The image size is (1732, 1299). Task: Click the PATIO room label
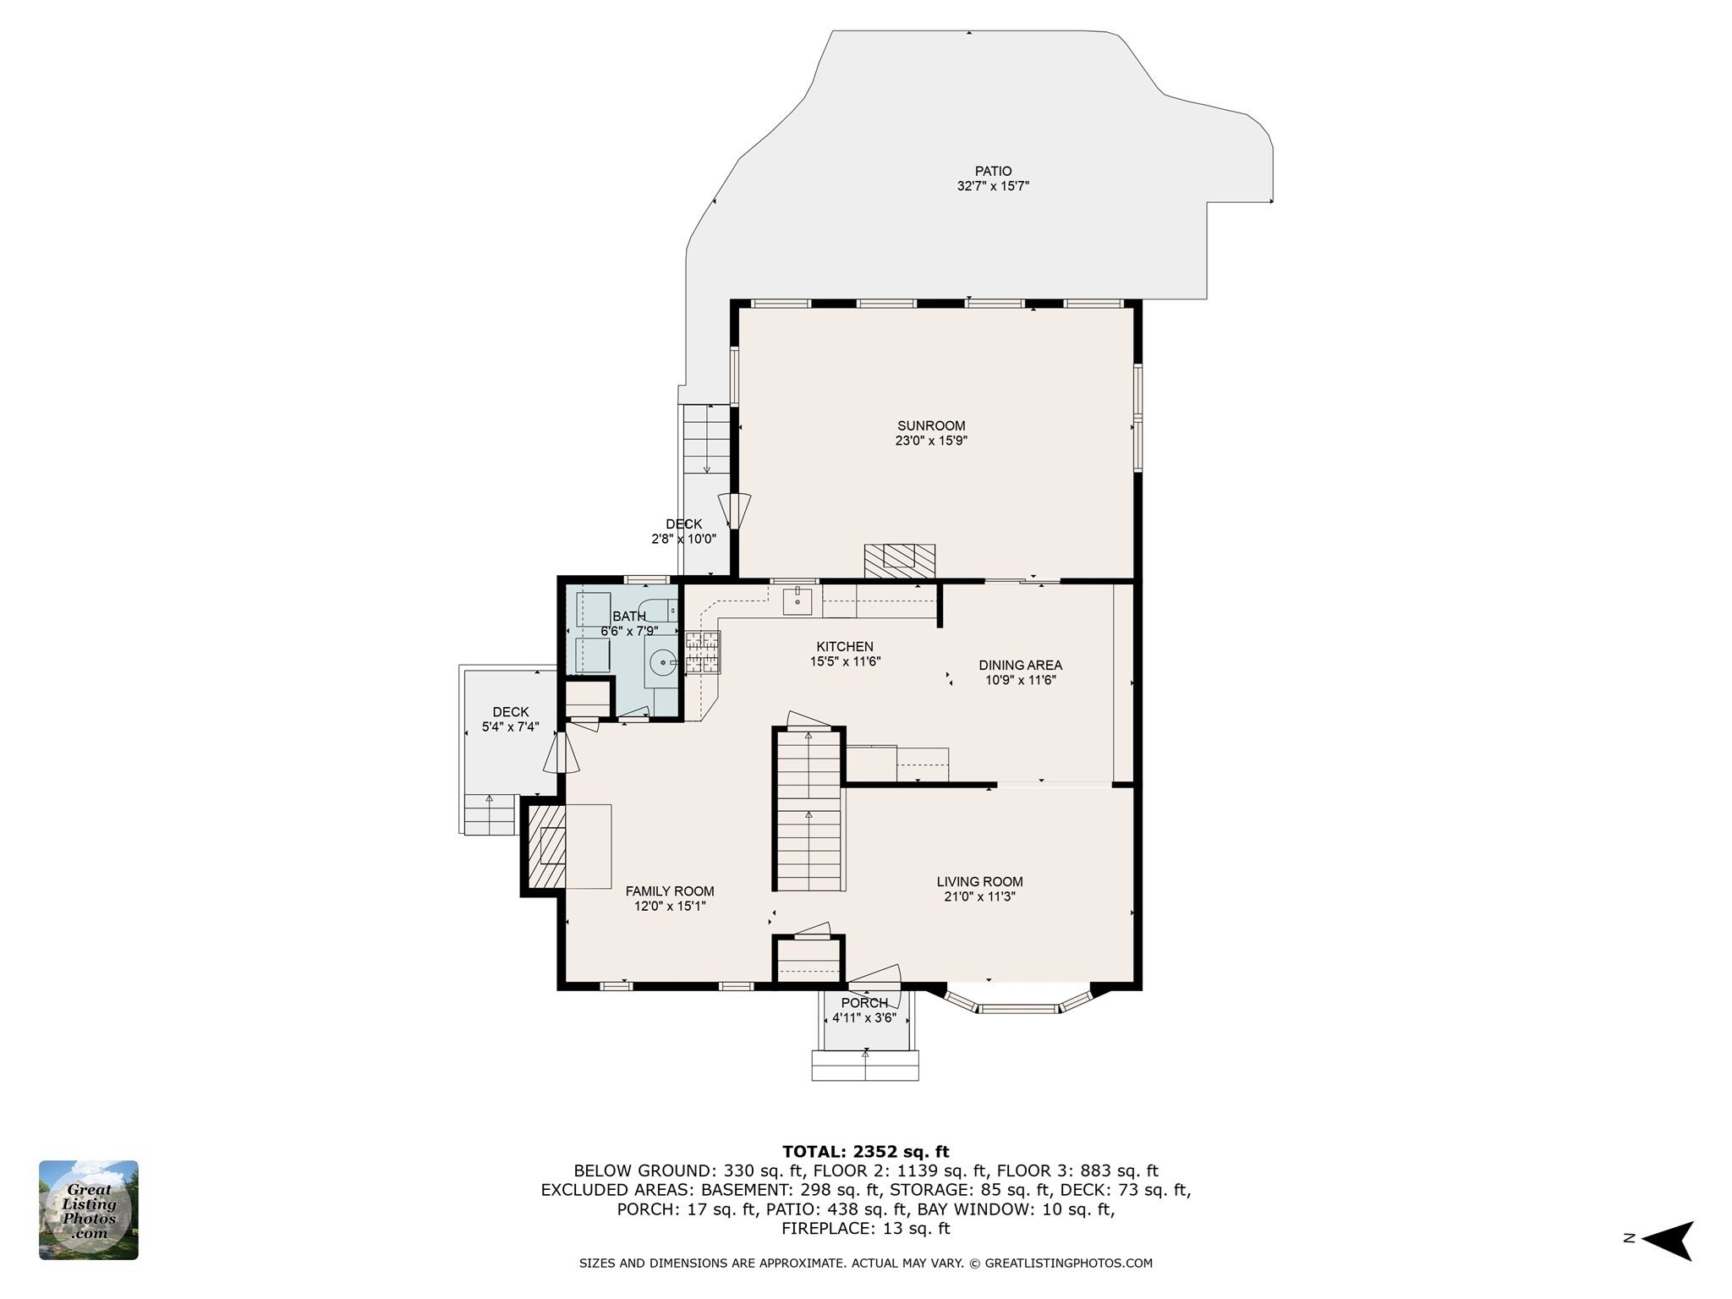(993, 171)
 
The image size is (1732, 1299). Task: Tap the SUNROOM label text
(931, 426)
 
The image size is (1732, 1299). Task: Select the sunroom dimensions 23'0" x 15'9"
(931, 441)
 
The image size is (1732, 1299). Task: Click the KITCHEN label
(846, 647)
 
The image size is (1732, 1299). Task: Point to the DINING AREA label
(1021, 666)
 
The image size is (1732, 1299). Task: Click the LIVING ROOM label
(980, 882)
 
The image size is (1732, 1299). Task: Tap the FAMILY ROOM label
(670, 891)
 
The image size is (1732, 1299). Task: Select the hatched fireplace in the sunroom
(900, 561)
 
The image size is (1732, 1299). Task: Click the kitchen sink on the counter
(797, 601)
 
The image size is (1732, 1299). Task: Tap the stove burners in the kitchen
(703, 652)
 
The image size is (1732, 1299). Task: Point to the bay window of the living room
(1018, 1000)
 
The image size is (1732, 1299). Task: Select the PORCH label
(864, 1003)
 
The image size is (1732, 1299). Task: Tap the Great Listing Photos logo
(89, 1210)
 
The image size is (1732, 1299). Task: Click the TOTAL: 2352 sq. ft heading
(866, 1151)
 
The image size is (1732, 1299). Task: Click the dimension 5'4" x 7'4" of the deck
(510, 726)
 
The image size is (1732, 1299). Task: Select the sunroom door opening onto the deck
(734, 512)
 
